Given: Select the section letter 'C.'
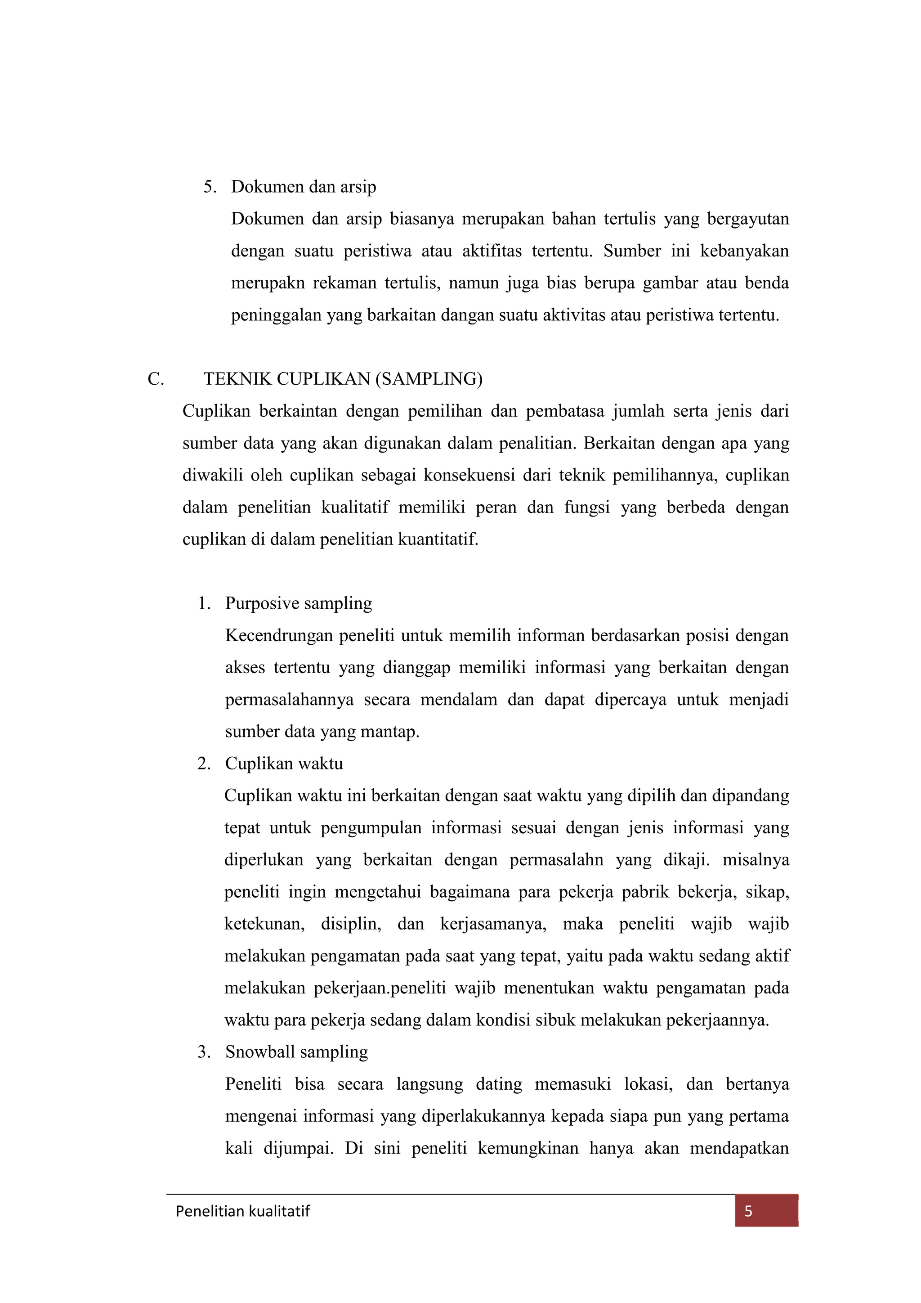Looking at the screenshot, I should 156,379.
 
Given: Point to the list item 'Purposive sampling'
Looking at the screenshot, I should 298,603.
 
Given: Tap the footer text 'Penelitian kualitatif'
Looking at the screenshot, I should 243,1212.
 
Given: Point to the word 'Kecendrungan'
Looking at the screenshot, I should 278,636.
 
